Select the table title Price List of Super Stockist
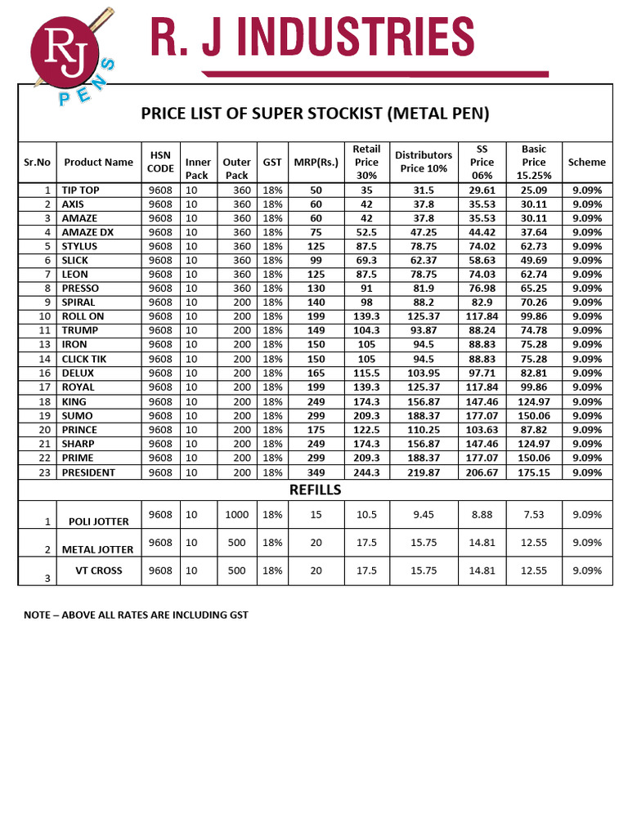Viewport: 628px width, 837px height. [x=315, y=113]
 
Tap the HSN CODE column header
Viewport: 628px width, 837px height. [x=160, y=162]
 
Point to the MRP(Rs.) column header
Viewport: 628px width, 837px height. [x=310, y=162]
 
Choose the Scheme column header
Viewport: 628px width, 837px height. [x=586, y=162]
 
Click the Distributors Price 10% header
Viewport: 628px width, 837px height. [x=423, y=162]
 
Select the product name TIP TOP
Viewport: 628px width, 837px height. [x=80, y=190]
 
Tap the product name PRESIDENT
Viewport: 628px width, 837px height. [x=88, y=472]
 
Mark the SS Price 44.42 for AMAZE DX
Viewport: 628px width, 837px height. [x=482, y=232]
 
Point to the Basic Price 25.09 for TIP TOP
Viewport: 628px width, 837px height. [x=534, y=190]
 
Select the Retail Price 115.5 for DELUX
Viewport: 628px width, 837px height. [x=366, y=373]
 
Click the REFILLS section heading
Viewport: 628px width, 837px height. [x=315, y=490]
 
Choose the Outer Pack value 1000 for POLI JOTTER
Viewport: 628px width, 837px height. [x=236, y=514]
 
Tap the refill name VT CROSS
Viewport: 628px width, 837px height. [x=98, y=571]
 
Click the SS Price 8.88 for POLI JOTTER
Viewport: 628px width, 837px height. [x=482, y=514]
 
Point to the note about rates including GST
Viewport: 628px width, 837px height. [x=136, y=615]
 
